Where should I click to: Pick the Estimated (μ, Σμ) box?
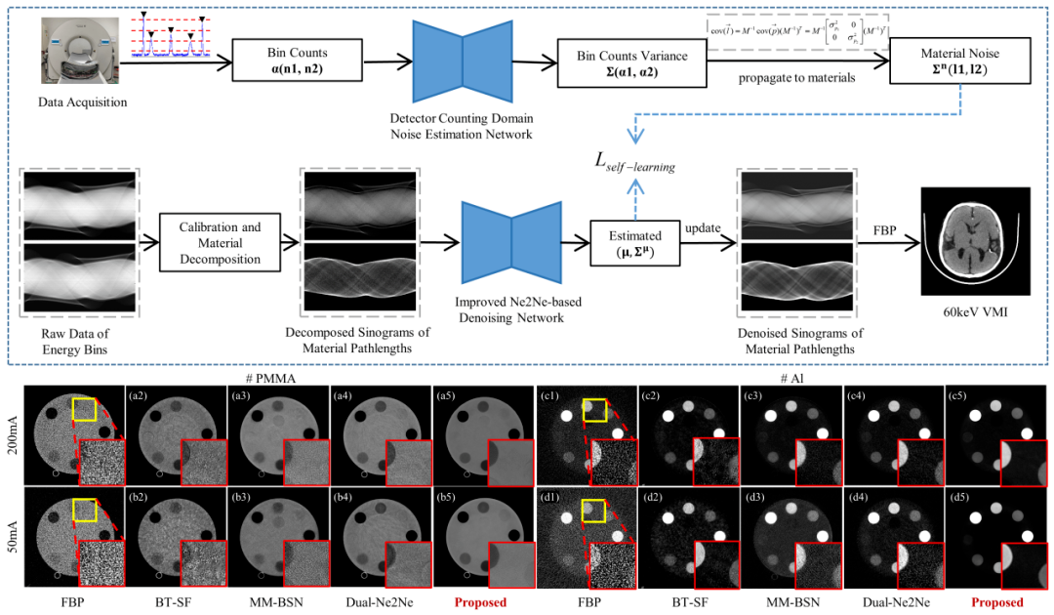634,243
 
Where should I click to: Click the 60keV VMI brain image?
976,241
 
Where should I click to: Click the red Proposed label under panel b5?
478,602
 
